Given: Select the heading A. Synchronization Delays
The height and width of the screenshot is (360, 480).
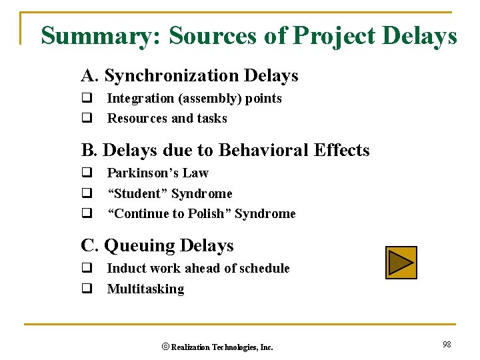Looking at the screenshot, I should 189,76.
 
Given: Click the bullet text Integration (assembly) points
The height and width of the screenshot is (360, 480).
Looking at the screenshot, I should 194,99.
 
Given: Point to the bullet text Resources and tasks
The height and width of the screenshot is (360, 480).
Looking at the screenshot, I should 167,119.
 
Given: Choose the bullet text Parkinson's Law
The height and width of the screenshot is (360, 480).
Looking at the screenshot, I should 157,173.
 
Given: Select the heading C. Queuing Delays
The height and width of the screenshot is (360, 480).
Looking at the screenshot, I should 157,245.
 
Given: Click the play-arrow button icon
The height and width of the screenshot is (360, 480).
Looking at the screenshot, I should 401,262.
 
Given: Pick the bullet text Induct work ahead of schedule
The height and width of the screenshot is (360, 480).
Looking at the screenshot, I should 198,269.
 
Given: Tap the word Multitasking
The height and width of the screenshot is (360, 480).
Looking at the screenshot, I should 145,289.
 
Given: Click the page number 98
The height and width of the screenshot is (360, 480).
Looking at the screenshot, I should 447,344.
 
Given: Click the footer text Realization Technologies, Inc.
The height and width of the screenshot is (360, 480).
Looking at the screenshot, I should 222,347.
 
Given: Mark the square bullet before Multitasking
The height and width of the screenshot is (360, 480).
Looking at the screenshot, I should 86,289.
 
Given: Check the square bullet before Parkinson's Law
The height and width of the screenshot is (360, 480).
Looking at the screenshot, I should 86,173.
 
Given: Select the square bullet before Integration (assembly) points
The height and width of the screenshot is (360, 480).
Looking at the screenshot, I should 86,99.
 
